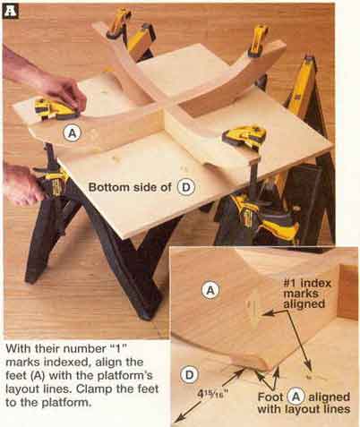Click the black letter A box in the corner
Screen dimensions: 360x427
[x=10, y=12]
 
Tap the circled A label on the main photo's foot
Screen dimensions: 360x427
[x=73, y=133]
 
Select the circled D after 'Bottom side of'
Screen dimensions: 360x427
[x=185, y=187]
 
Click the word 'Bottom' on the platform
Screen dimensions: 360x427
[x=107, y=187]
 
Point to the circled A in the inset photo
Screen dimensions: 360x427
[x=210, y=290]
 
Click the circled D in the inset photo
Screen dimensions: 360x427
[x=189, y=375]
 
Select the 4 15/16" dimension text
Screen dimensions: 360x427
[x=210, y=394]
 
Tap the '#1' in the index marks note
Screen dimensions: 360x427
[x=290, y=283]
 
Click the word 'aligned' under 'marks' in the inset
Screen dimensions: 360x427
[x=304, y=304]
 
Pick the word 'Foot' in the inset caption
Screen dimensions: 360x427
[x=270, y=397]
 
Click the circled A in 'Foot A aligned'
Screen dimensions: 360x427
[x=296, y=397]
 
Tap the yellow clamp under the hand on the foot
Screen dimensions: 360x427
[x=54, y=109]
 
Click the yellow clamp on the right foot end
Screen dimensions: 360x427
[x=244, y=136]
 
